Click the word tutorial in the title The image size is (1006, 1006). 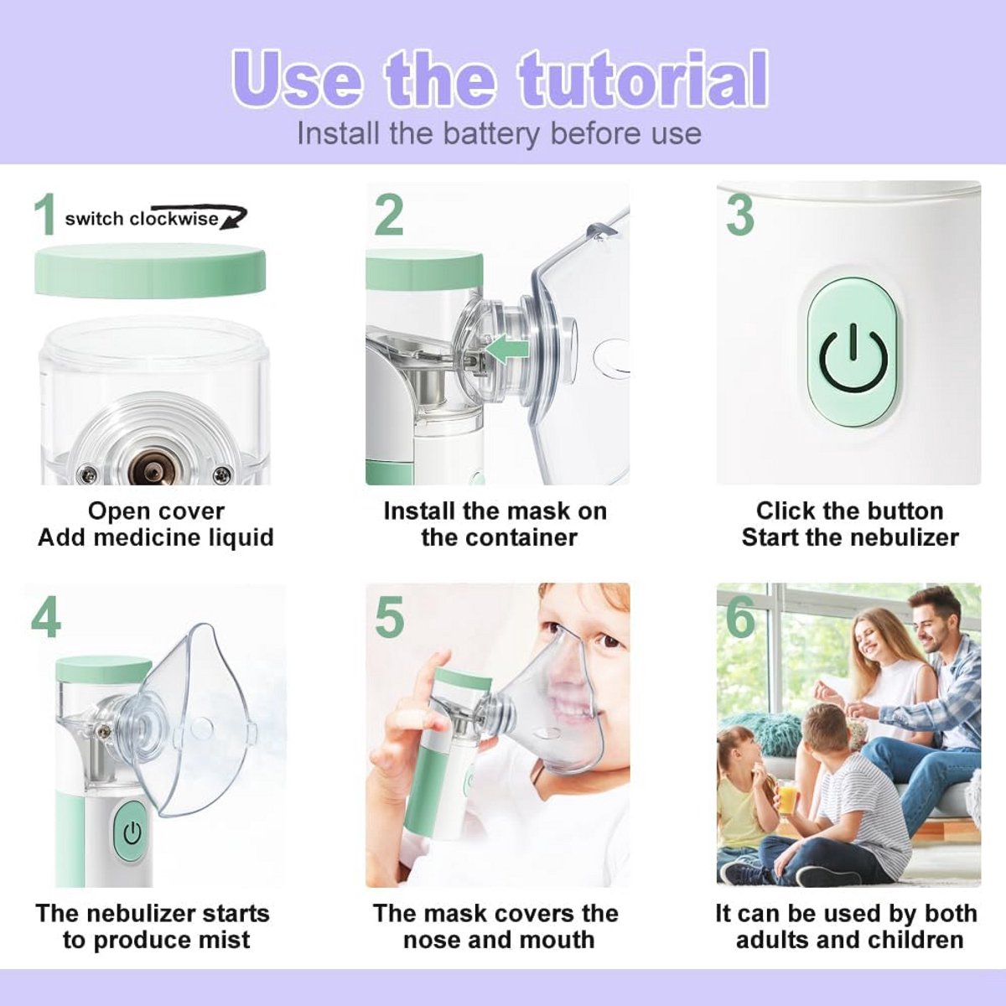643,79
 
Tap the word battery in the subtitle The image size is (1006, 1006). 490,133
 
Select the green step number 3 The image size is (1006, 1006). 740,215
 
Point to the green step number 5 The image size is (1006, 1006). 390,616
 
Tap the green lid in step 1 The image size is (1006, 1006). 150,271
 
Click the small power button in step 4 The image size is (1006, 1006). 132,833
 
